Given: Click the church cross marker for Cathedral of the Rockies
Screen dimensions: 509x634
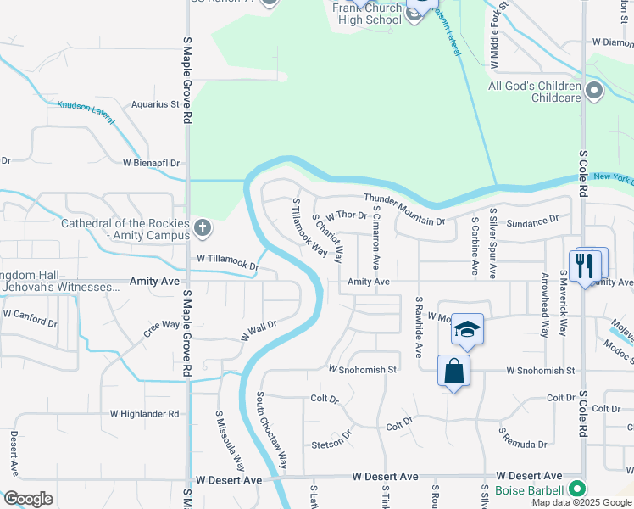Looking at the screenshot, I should coord(202,227).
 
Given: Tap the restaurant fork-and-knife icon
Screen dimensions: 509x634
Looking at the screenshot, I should coord(585,264).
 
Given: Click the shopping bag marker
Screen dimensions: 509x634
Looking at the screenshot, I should coord(453,371).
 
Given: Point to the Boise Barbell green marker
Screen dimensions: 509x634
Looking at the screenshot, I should coord(577,489).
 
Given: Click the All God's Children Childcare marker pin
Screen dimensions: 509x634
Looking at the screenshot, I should coord(594,91).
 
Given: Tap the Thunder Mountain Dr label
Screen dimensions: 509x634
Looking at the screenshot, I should coord(404,210).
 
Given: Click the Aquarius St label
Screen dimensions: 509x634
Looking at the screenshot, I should coord(156,105).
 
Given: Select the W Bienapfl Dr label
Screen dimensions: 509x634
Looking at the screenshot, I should coord(152,162).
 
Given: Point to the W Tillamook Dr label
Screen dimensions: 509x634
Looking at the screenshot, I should coord(227,262).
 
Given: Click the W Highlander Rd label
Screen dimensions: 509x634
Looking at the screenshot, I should coord(145,414).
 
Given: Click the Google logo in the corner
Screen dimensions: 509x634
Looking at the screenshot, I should coord(28,499).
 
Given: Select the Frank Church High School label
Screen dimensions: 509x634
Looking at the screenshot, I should coord(366,13).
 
